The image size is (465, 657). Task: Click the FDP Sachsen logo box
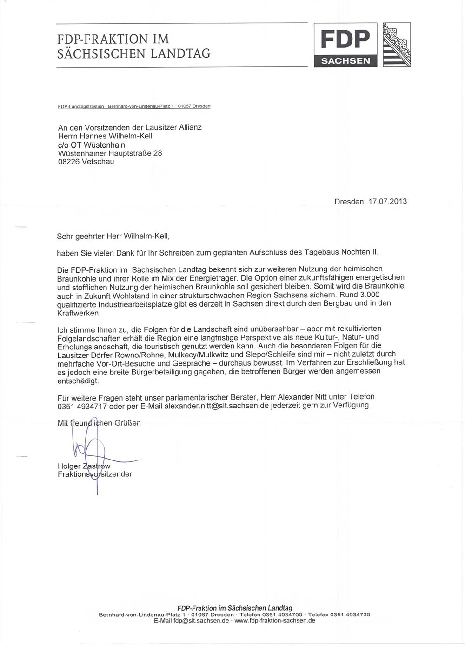345,45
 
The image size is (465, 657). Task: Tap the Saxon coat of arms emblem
397,45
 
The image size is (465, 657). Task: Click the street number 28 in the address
157,153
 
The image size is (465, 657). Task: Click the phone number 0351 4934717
82,406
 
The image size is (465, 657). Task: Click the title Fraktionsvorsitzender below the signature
95,474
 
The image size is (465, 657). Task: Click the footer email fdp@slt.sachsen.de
201,620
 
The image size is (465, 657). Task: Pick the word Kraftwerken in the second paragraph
79,313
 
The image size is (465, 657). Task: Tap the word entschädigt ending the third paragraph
78,381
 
